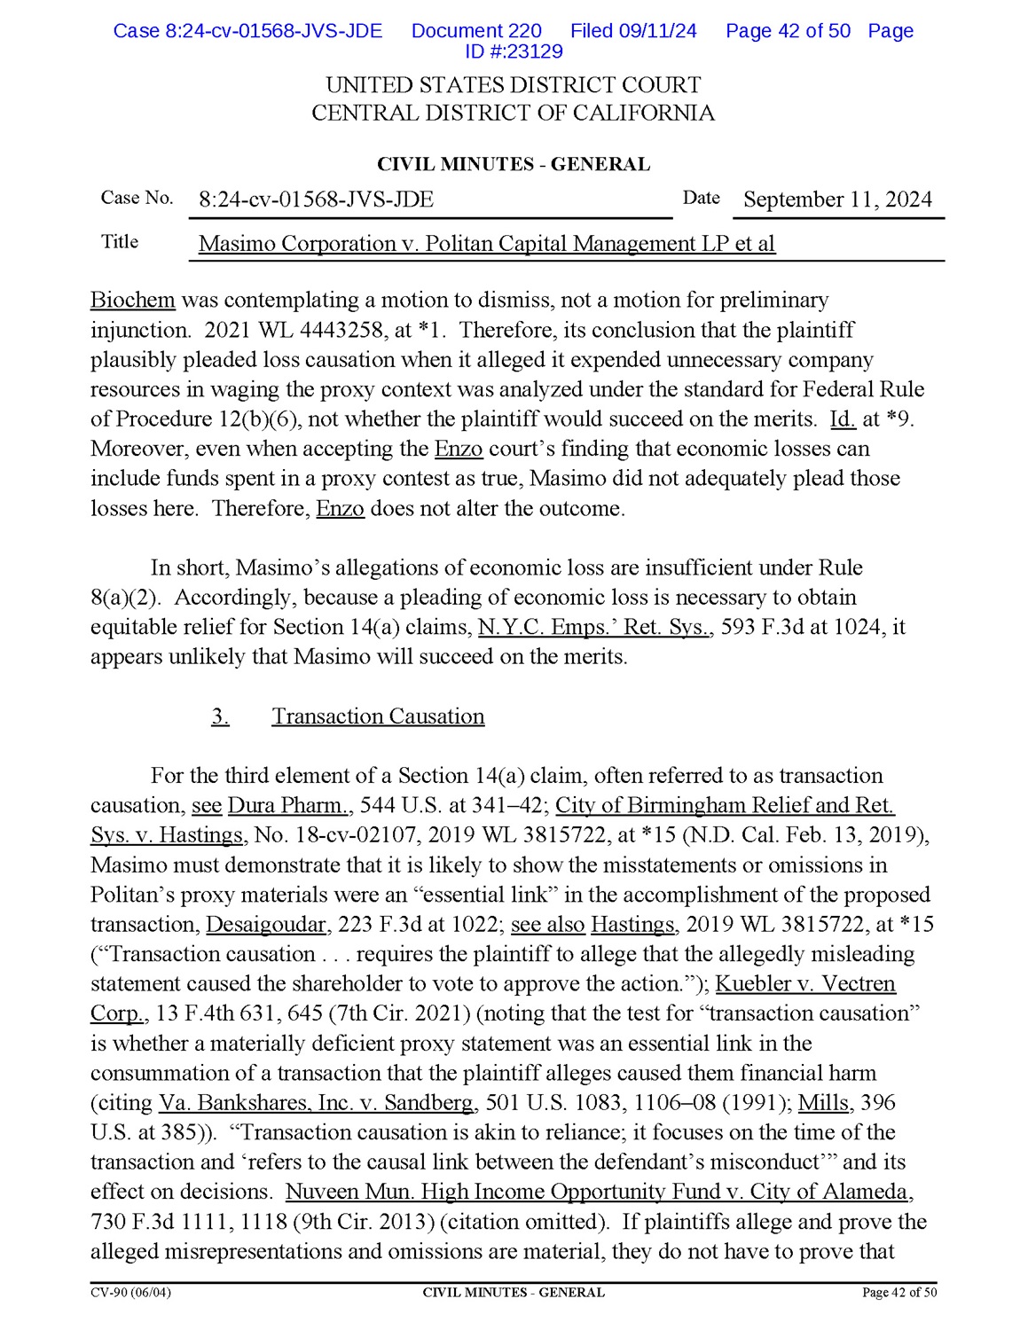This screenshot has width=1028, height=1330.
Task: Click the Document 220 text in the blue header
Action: [x=476, y=31]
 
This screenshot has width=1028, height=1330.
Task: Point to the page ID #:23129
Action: [x=514, y=51]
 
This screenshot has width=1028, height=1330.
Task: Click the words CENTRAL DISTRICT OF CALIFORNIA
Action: [x=513, y=113]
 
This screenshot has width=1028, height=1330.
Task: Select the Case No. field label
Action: [x=137, y=198]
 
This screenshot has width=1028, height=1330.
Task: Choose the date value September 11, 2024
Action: [x=837, y=199]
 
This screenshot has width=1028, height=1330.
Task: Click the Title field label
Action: [x=120, y=242]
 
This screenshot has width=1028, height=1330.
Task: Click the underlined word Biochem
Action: [x=133, y=301]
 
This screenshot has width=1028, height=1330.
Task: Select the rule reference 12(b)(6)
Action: [x=256, y=419]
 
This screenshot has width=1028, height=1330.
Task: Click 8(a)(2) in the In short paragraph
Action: [x=125, y=598]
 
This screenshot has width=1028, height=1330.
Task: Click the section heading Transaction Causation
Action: [x=378, y=716]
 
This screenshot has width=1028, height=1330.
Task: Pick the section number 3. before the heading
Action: [x=220, y=716]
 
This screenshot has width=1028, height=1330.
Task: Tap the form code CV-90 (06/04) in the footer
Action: [x=130, y=1293]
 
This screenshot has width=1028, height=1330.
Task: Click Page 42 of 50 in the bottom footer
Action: [x=899, y=1293]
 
